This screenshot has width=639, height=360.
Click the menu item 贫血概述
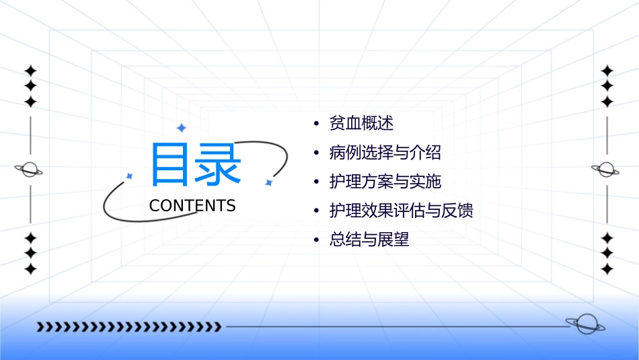[x=361, y=124]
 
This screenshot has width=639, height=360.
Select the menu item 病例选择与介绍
[x=385, y=153]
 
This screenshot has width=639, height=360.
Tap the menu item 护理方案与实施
[x=385, y=182]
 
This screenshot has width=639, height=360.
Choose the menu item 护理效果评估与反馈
[x=401, y=211]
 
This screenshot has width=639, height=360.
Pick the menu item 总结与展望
[x=369, y=240]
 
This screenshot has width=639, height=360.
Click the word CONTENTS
[x=192, y=206]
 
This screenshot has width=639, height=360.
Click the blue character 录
[x=217, y=164]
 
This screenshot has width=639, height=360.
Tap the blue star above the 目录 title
[x=181, y=128]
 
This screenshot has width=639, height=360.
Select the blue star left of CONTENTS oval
[x=130, y=176]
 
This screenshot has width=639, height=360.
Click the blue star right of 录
[x=268, y=182]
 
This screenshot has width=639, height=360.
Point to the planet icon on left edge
[x=30, y=170]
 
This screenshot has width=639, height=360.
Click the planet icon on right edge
[x=606, y=170]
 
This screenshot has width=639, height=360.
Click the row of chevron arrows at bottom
[x=128, y=327]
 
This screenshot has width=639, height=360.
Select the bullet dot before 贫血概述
[x=316, y=124]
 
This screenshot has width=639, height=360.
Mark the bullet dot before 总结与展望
[x=316, y=240]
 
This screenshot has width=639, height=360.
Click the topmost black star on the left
[x=30, y=71]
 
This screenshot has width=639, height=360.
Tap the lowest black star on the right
[x=607, y=269]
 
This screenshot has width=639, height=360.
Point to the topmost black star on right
[x=607, y=71]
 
